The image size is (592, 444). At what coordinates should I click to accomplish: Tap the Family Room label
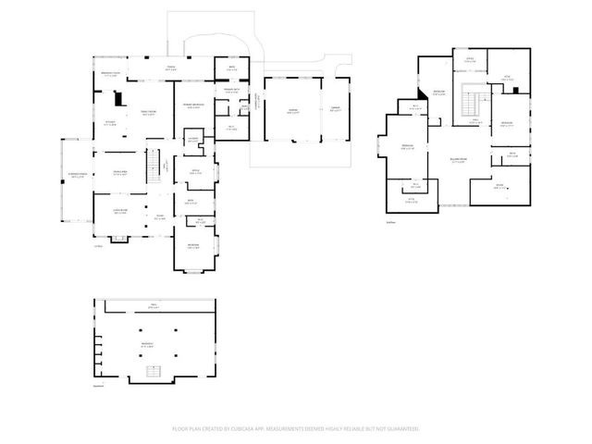pyautogui.click(x=147, y=113)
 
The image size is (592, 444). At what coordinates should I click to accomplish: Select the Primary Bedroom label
pyautogui.click(x=193, y=106)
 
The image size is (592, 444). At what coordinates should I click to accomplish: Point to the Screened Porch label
pyautogui.click(x=76, y=176)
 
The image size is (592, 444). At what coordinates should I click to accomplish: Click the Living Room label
pyautogui.click(x=120, y=212)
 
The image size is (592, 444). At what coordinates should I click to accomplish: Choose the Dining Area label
pyautogui.click(x=120, y=173)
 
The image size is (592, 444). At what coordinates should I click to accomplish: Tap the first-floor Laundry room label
pyautogui.click(x=193, y=140)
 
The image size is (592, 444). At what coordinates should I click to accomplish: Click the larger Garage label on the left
pyautogui.click(x=292, y=111)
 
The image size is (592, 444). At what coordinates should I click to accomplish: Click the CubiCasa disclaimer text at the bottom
pyautogui.click(x=295, y=429)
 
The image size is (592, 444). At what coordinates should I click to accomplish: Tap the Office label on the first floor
pyautogui.click(x=195, y=172)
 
